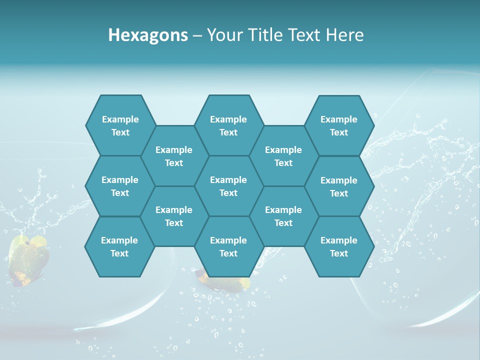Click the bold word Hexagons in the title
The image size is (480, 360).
coord(148,35)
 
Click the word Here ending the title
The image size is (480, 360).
coord(345,35)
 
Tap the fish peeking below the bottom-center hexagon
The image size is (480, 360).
coord(225,282)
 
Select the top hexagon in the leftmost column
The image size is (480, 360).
coord(120,125)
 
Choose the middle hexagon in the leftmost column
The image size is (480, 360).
coord(120,186)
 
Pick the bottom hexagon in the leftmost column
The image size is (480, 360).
coord(119,246)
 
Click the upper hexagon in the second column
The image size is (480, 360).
coord(174,156)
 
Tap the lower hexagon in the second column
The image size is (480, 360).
coord(174,216)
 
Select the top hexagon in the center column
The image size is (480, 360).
coord(228,125)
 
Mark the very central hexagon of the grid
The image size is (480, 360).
coord(228,186)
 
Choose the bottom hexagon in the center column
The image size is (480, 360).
coord(228,246)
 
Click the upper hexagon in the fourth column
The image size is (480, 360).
coord(283,156)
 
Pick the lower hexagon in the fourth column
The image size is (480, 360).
coord(283,216)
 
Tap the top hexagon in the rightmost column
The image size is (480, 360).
coord(339,125)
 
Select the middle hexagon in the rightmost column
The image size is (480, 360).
coord(339,186)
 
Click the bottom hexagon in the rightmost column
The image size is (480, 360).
coord(339,246)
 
